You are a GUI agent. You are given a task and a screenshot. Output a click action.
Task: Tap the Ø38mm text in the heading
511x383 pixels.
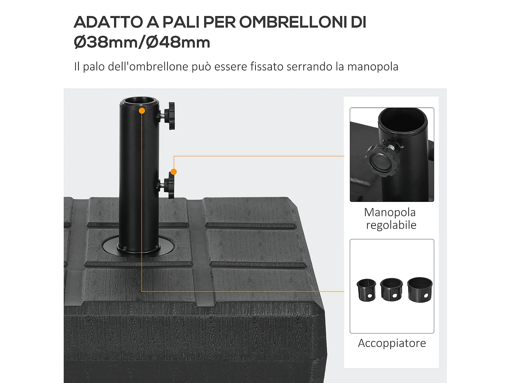(106, 43)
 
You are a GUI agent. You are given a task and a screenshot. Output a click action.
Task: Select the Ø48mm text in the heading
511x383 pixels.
(178, 43)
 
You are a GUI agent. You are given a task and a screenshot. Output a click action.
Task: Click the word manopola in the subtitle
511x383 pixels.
(373, 66)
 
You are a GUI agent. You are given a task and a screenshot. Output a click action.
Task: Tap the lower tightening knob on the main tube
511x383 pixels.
(169, 186)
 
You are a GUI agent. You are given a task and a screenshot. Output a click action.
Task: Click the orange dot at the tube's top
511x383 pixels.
(142, 111)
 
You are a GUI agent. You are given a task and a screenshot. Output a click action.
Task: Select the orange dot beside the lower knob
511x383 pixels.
(174, 172)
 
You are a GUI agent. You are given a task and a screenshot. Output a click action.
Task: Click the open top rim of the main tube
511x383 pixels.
(139, 101)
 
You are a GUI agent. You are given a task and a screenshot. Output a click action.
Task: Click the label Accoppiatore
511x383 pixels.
(392, 343)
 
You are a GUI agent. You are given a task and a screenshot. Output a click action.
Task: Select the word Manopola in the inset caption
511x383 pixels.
(390, 212)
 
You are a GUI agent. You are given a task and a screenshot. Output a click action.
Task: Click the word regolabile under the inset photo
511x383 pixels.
(391, 225)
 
